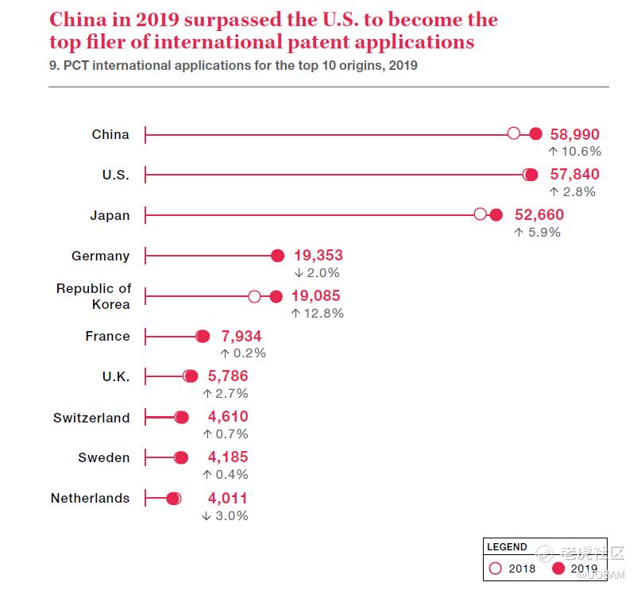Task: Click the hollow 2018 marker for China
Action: [514, 133]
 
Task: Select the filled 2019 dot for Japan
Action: [496, 214]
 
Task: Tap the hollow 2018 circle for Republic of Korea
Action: [254, 296]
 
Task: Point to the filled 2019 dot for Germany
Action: [277, 255]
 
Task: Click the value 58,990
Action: [574, 135]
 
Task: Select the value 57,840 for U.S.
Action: [574, 175]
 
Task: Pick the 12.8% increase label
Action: [317, 313]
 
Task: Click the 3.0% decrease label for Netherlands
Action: [225, 515]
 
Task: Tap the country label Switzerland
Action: [91, 418]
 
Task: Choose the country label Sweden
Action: [104, 457]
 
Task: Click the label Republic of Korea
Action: [94, 296]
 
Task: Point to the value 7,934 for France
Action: [235, 337]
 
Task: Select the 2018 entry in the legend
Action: [513, 569]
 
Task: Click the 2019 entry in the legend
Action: [575, 569]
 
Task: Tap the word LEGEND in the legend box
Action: [507, 547]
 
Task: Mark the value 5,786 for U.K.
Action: [228, 376]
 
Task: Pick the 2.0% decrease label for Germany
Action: [317, 272]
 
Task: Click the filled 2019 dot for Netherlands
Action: [173, 499]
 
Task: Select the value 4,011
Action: [228, 499]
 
